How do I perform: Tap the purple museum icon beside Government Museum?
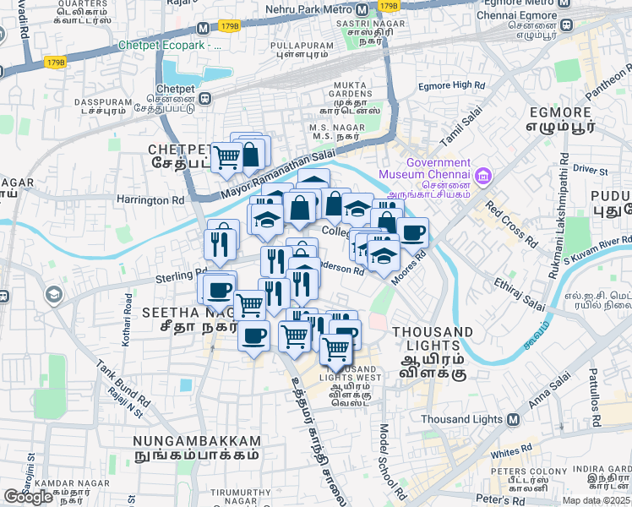coord(482,176)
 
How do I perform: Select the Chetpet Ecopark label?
coord(170,45)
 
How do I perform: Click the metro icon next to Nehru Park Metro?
coord(362,9)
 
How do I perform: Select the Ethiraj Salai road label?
coord(520,292)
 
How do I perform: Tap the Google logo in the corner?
coord(28,497)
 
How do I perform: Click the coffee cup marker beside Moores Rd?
coord(411,232)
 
